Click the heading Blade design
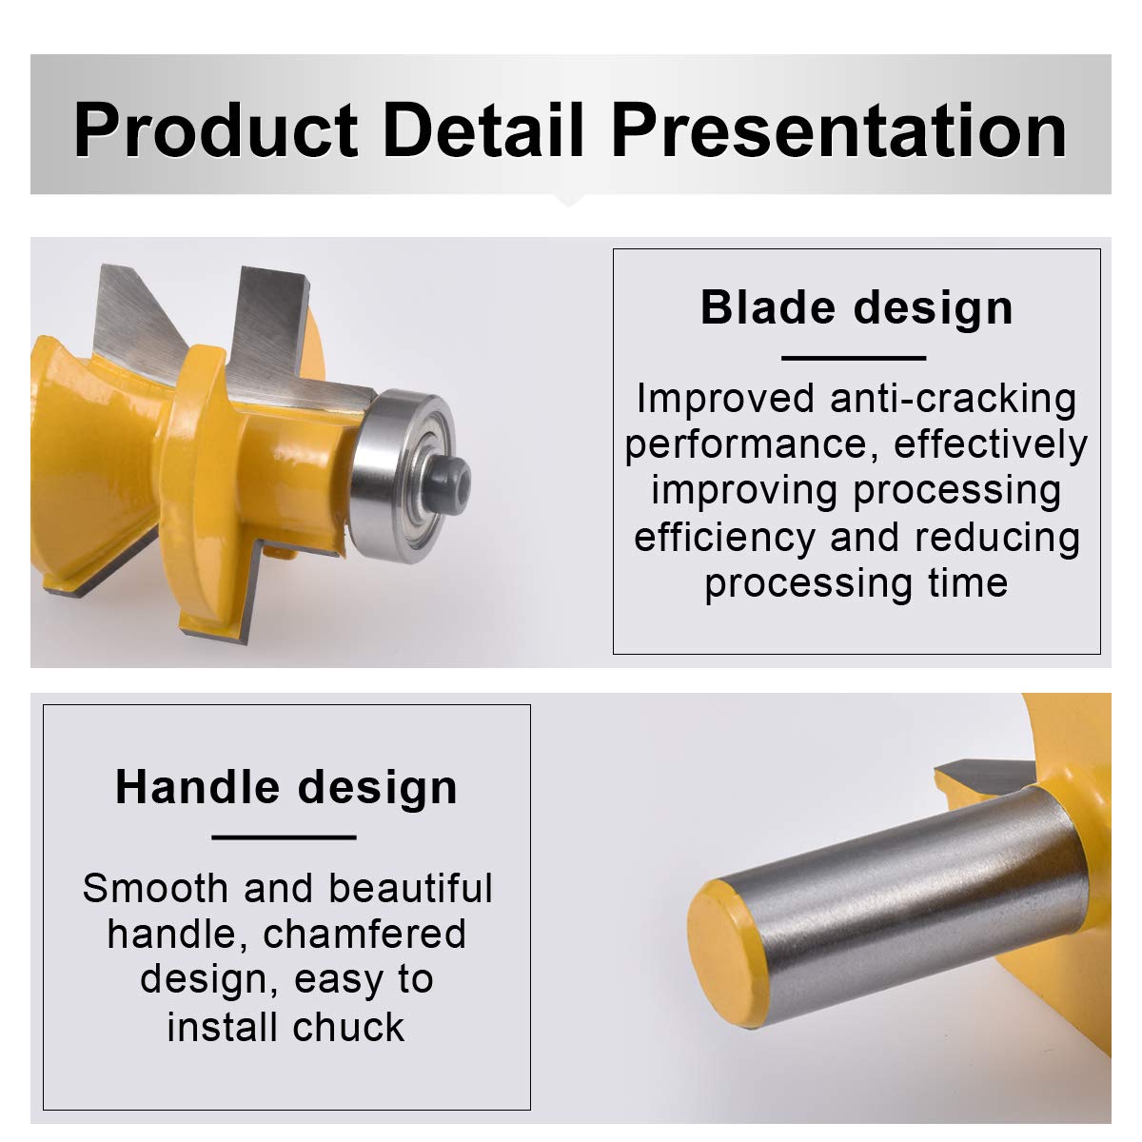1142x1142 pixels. [856, 308]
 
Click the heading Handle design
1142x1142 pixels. [286, 788]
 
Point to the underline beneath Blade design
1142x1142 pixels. [854, 358]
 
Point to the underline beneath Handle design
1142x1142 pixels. [284, 837]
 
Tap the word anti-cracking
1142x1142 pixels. [953, 399]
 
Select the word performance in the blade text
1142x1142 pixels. [749, 445]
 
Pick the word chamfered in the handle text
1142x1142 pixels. [364, 935]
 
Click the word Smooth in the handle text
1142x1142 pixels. [155, 888]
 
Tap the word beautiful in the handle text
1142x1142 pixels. [411, 888]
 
